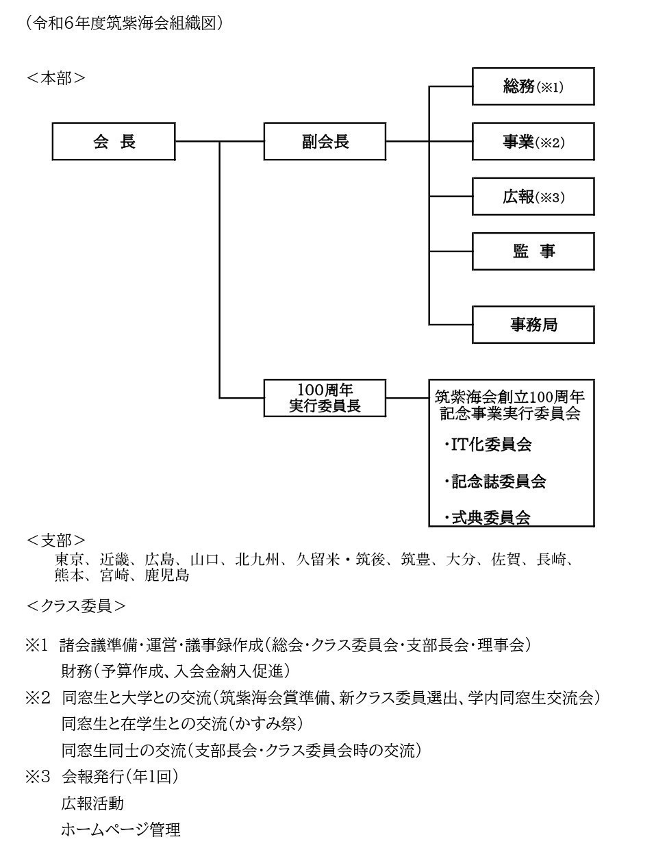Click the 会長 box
tap(114, 141)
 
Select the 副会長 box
tap(325, 141)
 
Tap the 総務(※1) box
tap(533, 86)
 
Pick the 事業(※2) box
tap(533, 141)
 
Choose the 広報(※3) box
tap(533, 197)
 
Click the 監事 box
tap(533, 251)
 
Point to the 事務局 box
tap(533, 325)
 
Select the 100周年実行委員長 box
tap(325, 398)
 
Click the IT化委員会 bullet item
tap(488, 445)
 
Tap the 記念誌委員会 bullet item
tap(495, 482)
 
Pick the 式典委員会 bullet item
tap(488, 518)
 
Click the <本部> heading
tap(55, 79)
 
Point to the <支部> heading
tap(55, 540)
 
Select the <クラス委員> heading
tap(76, 606)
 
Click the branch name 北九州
tap(257, 560)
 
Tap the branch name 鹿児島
tap(166, 575)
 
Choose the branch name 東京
tap(69, 560)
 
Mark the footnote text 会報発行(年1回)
tap(120, 777)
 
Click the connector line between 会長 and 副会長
tap(220, 141)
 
